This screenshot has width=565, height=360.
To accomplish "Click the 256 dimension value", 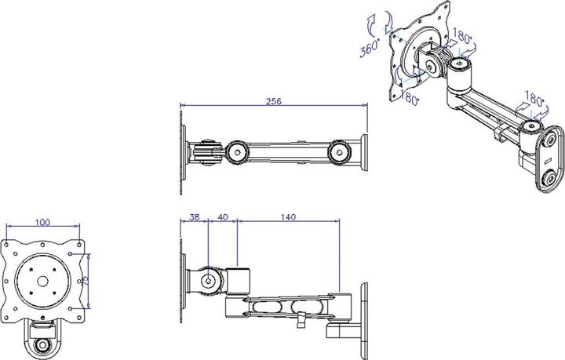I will coord(273,101).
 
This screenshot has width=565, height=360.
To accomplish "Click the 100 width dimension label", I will coord(43,224).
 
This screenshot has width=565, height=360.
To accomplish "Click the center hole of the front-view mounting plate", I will coord(43,280).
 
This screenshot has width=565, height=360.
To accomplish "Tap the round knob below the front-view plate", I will coord(44,344).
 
